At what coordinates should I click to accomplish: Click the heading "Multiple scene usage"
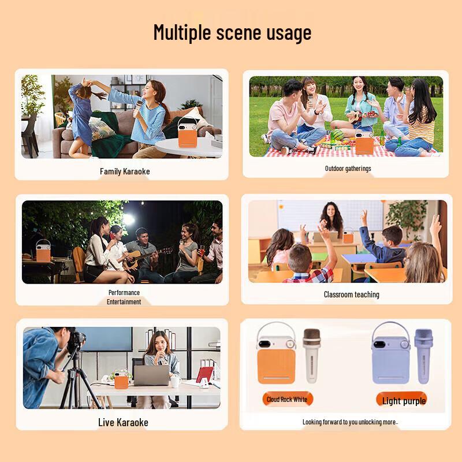click(232, 32)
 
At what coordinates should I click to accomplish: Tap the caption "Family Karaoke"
click(125, 171)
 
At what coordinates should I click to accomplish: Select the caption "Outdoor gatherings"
click(348, 169)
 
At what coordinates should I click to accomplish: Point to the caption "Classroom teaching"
click(351, 295)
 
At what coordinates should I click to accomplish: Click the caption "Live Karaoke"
click(123, 422)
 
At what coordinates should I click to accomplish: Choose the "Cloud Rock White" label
click(287, 400)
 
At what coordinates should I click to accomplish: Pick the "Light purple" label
click(404, 401)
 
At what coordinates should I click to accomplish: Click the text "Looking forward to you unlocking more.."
click(350, 422)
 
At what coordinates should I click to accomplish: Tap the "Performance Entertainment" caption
click(124, 297)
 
